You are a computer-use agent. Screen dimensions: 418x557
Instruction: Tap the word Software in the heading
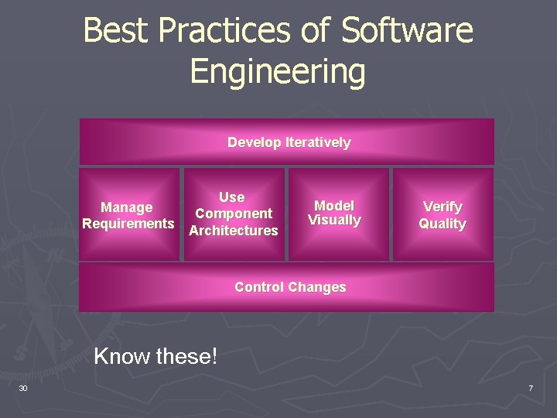click(x=407, y=31)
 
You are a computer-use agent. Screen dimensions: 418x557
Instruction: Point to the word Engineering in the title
click(x=278, y=71)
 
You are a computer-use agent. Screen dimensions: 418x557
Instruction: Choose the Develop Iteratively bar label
click(x=289, y=142)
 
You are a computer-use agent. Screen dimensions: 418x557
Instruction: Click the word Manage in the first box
click(x=127, y=207)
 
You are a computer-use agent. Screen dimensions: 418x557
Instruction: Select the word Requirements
click(x=128, y=224)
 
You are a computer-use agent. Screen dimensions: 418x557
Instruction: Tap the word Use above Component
click(x=231, y=197)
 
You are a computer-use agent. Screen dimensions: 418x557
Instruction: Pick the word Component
click(x=234, y=214)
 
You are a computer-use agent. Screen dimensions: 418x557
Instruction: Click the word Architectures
click(x=234, y=231)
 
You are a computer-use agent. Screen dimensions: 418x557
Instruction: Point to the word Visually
click(x=334, y=221)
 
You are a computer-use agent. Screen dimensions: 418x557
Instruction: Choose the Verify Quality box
click(x=443, y=214)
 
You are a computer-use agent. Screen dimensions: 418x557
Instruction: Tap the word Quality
click(x=443, y=224)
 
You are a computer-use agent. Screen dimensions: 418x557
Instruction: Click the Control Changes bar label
click(x=290, y=287)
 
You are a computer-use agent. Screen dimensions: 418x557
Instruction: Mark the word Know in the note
click(x=122, y=357)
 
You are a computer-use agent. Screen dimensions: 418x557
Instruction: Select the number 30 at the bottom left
click(x=23, y=388)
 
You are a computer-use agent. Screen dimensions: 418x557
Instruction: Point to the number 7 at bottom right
click(x=531, y=388)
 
